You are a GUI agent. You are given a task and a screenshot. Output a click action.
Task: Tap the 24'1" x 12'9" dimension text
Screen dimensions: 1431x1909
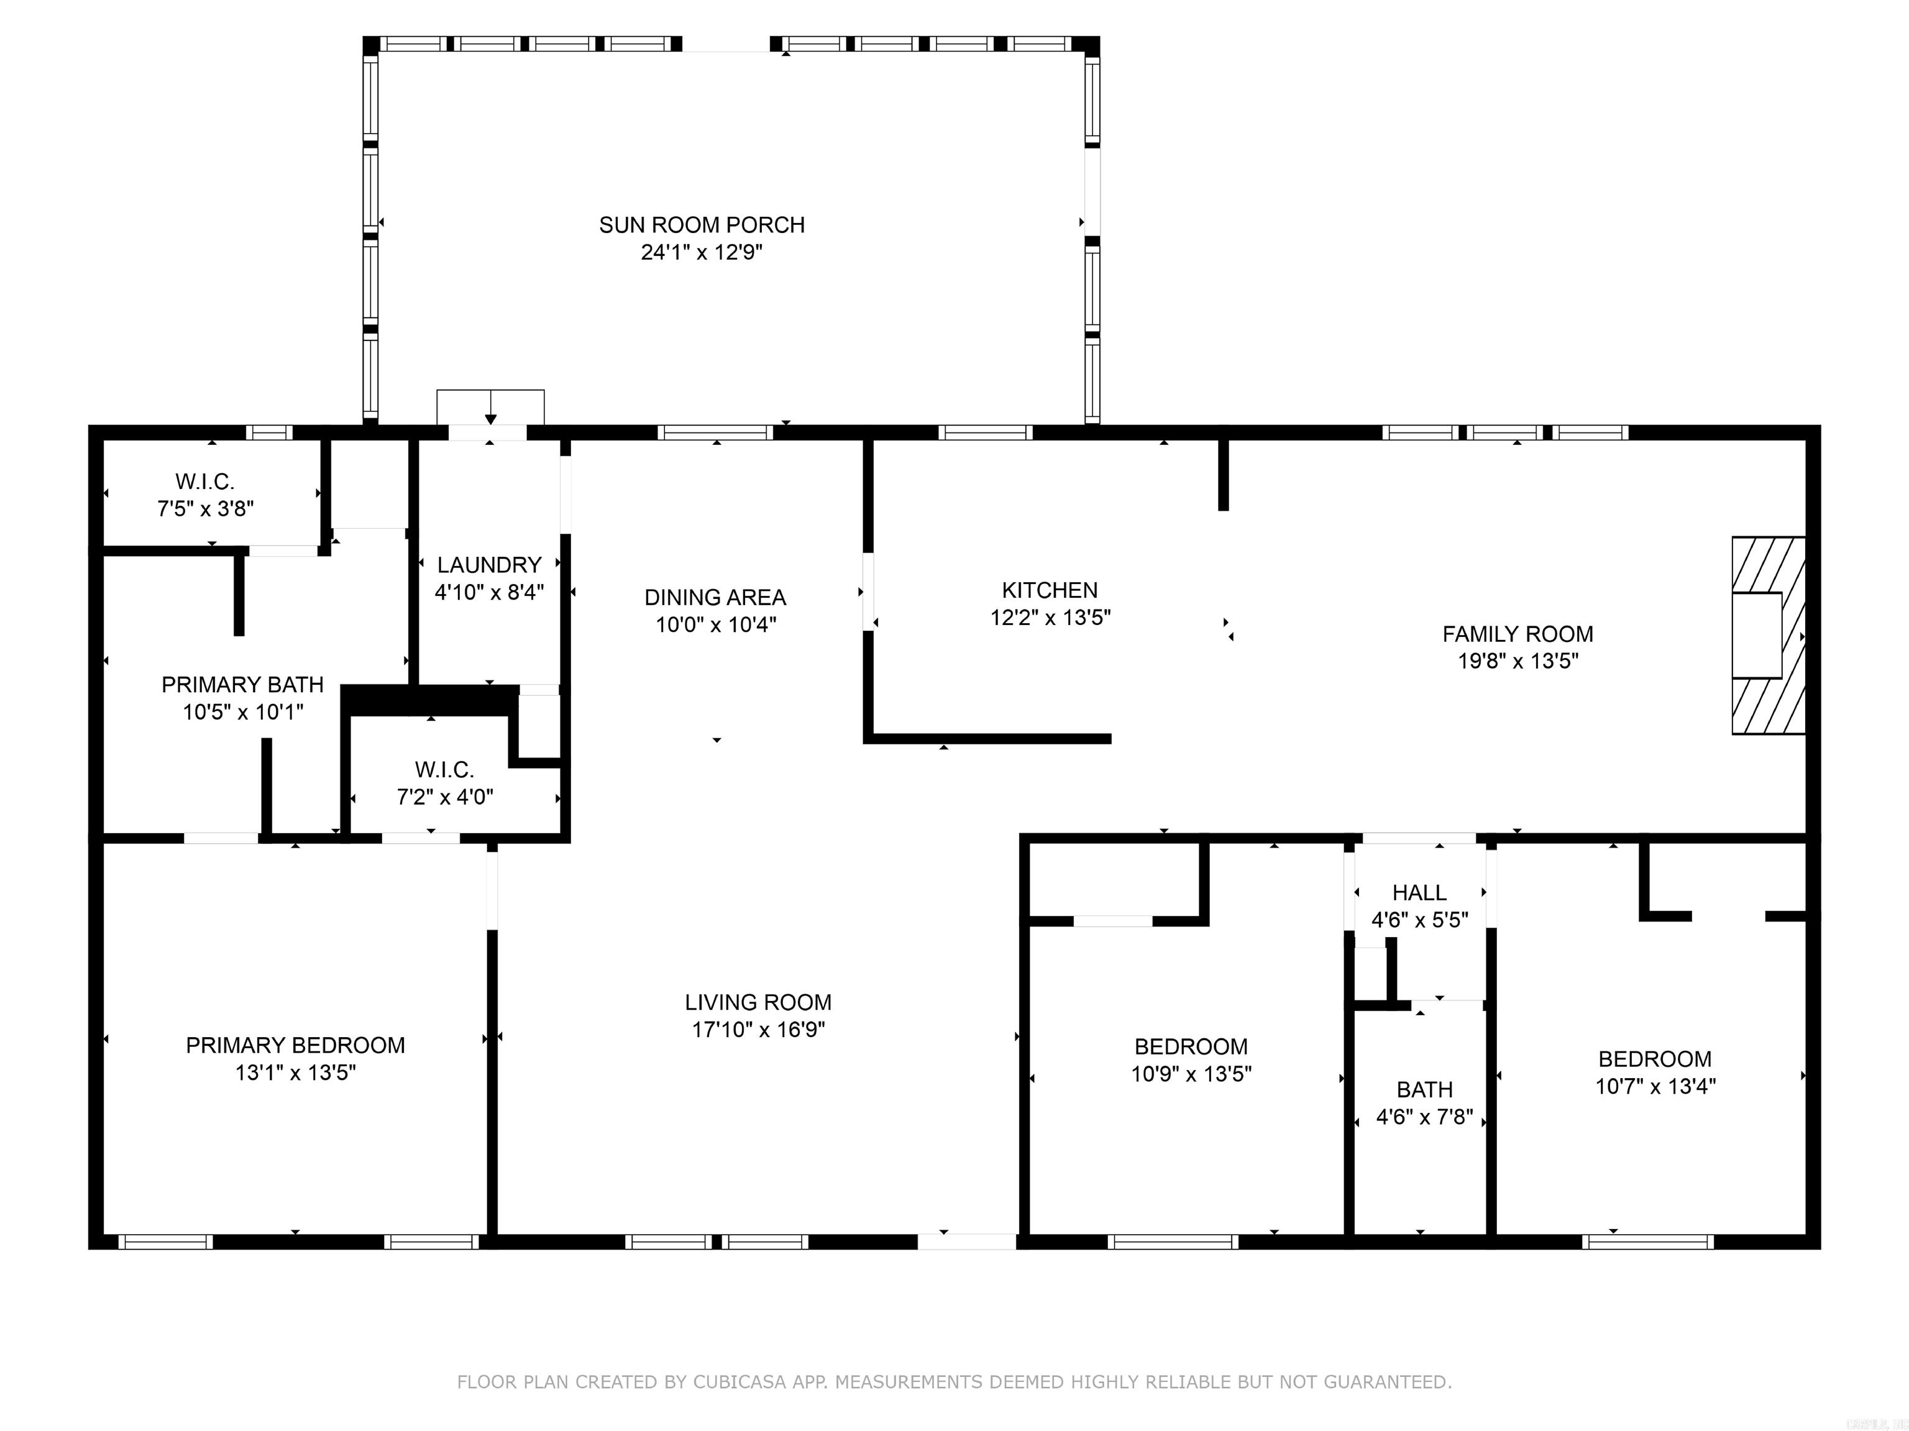[x=702, y=252]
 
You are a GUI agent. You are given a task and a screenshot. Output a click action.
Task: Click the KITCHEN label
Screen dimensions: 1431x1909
[x=1050, y=590]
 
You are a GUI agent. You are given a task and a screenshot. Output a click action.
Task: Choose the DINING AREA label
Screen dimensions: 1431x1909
[x=715, y=597]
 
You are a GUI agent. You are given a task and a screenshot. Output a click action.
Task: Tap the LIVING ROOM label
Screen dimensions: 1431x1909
[x=758, y=1002]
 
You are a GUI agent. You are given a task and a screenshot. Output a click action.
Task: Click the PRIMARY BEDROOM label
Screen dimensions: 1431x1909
[x=295, y=1045]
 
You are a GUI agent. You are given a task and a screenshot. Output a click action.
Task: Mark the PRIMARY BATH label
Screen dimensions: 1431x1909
[x=242, y=684]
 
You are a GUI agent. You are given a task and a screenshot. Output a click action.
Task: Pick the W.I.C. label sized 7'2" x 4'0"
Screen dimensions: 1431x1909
[x=444, y=769]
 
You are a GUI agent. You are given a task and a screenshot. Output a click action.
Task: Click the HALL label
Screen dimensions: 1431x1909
[x=1419, y=892]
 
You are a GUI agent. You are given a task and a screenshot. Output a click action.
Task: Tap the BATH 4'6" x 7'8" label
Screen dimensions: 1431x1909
[x=1424, y=1089]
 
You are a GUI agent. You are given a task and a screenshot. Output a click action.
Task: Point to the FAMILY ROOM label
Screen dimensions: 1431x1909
[x=1517, y=634]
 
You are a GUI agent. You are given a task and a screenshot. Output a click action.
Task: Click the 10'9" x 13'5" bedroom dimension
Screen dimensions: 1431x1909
[x=1191, y=1074]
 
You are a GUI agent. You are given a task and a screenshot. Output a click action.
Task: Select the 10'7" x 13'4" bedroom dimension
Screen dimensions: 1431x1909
[x=1654, y=1086]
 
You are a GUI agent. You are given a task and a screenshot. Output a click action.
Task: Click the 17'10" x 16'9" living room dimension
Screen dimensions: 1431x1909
[x=758, y=1029]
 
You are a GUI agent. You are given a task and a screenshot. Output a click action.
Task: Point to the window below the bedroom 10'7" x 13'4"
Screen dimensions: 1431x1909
[x=1647, y=1242]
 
